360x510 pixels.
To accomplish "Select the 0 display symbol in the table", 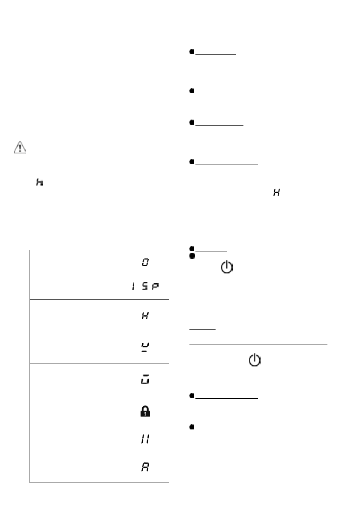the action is click(x=145, y=261).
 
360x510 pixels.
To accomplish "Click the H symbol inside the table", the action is click(x=145, y=315).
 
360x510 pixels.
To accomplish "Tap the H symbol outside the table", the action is click(x=276, y=194).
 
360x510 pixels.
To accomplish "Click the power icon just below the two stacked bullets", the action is click(x=227, y=269).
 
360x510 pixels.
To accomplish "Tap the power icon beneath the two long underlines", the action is click(x=255, y=360).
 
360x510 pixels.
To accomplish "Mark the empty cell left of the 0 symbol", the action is click(x=75, y=261).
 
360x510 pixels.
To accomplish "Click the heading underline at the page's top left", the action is click(x=60, y=31).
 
